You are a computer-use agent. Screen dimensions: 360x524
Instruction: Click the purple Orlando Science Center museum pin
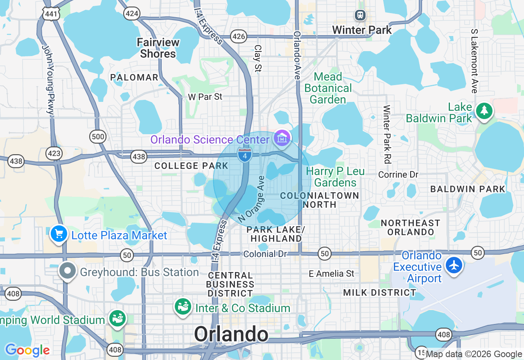pos(282,138)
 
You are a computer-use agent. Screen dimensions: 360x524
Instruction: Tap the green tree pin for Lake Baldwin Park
pos(484,110)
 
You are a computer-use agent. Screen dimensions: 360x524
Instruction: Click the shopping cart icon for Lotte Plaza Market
pos(59,234)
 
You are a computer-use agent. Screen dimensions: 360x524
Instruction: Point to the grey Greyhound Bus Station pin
pos(68,271)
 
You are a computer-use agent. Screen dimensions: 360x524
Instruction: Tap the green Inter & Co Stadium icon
pos(183,306)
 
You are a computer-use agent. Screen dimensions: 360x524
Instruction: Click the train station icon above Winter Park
pos(360,15)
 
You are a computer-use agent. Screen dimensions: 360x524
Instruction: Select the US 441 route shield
pos(51,14)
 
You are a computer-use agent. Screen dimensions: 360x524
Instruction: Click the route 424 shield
pos(132,14)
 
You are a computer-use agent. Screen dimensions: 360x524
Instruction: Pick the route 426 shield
pos(238,36)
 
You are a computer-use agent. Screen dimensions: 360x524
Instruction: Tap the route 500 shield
pos(98,137)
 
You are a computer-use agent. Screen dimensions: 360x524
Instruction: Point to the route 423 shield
pos(54,153)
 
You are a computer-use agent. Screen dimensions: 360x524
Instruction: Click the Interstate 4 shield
pos(244,155)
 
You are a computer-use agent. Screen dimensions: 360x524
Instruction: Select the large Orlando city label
pos(231,334)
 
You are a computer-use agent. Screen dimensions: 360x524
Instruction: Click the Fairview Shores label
pos(158,48)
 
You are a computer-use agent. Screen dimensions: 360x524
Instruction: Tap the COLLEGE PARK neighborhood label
pos(191,166)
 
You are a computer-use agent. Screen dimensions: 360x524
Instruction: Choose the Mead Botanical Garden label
pos(328,88)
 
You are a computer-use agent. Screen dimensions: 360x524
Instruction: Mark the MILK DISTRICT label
pos(379,292)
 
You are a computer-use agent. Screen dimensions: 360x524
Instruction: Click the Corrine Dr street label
pos(398,174)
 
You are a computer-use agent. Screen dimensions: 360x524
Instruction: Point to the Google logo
pos(27,350)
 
